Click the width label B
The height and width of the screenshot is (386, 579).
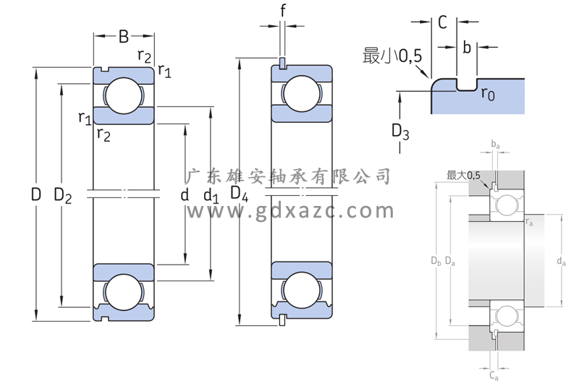coord(124,36)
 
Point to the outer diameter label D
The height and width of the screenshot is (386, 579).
coord(35,194)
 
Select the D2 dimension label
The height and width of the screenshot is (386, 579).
coord(63,195)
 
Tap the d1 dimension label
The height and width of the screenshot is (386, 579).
coord(211,195)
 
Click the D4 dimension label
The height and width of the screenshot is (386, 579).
coord(240,194)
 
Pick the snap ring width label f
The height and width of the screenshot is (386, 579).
coord(282,11)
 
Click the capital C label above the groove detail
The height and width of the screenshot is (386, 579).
coord(442,22)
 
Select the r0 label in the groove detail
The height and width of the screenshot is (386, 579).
coord(488,95)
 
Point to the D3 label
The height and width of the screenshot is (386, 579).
coord(400,132)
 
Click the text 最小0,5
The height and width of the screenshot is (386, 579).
coord(393,56)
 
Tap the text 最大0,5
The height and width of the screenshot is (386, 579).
coord(464,176)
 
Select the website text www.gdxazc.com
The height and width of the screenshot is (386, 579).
coord(290,211)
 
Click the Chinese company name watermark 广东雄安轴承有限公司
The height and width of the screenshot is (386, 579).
coord(289,176)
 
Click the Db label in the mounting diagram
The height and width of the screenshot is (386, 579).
coord(435,260)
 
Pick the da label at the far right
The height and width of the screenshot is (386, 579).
coord(561,261)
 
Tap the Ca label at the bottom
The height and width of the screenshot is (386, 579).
coord(494,375)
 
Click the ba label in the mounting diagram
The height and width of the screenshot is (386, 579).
coord(495,145)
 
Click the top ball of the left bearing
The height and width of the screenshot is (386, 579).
coord(122,95)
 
